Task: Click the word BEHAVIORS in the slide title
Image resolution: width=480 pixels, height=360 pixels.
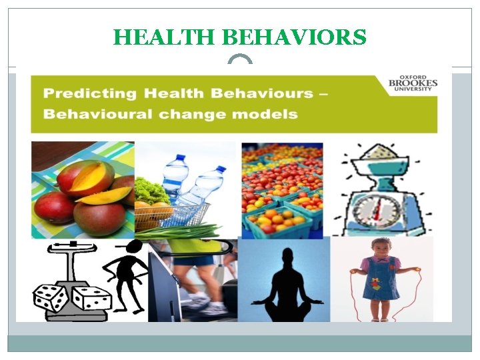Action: pyautogui.click(x=289, y=37)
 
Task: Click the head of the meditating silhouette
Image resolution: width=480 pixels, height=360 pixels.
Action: pyautogui.click(x=287, y=257)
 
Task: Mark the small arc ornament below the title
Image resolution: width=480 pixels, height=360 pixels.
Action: pyautogui.click(x=240, y=61)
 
